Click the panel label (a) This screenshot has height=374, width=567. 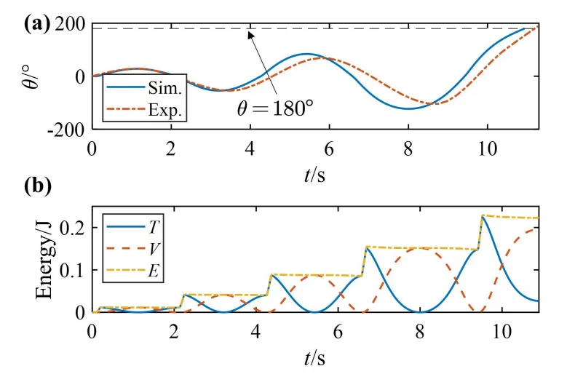[x=37, y=25]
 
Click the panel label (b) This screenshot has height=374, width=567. [x=38, y=186]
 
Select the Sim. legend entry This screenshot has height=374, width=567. [x=144, y=87]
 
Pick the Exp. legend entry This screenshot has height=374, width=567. [x=144, y=109]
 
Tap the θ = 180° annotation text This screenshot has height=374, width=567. [x=275, y=108]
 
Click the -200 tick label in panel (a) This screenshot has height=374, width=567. [x=66, y=130]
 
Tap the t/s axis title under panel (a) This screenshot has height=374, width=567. [x=314, y=175]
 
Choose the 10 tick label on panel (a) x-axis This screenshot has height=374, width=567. [x=488, y=148]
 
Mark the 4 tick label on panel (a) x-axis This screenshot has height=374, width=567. [x=250, y=148]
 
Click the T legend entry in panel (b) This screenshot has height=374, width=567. [x=133, y=227]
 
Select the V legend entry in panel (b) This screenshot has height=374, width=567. [x=133, y=249]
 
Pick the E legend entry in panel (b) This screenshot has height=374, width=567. [x=133, y=271]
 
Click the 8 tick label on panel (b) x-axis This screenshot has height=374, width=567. [x=420, y=331]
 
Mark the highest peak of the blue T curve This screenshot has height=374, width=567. [x=483, y=216]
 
